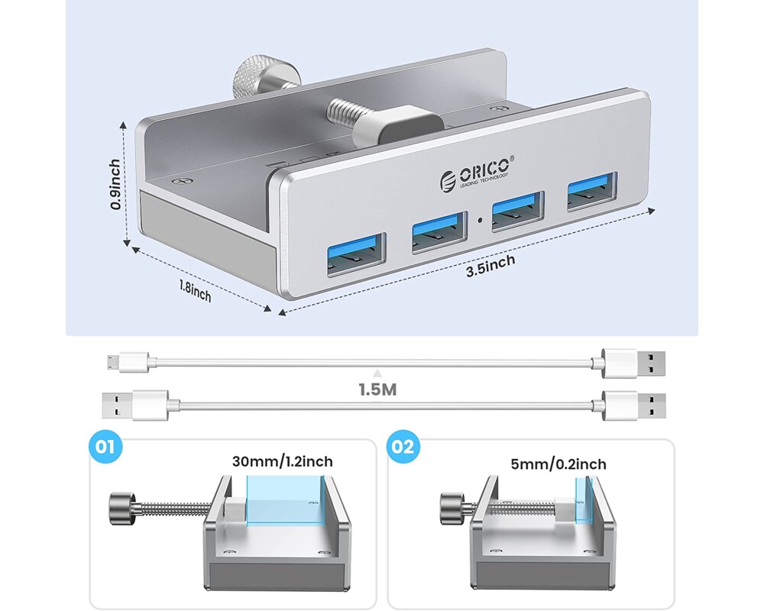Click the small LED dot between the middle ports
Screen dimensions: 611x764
(x=478, y=223)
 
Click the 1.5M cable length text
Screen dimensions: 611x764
(x=377, y=389)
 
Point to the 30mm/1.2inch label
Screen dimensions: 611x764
(x=283, y=461)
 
